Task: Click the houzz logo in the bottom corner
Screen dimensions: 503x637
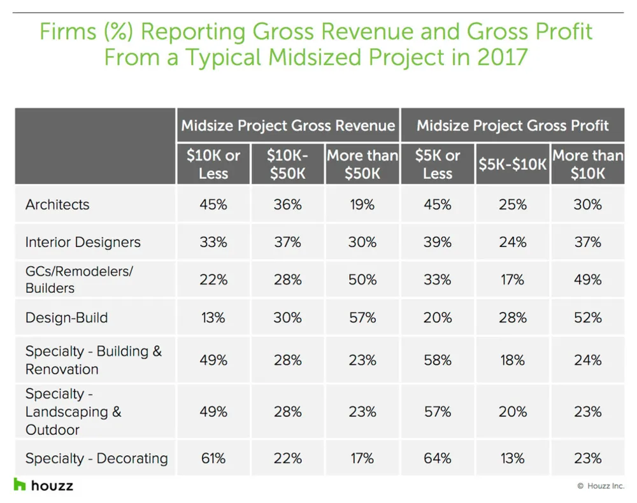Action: pos(43,485)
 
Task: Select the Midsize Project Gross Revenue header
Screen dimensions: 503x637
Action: pos(288,125)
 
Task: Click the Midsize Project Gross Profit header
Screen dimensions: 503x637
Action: pos(513,125)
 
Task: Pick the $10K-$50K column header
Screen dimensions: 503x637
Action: pos(288,164)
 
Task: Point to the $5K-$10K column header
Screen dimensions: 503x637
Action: pos(513,164)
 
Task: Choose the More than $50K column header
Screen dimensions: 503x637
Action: pos(362,164)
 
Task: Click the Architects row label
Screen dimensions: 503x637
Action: pos(57,204)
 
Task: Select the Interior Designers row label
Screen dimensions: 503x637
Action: pos(83,242)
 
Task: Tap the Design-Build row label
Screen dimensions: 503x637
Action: pos(66,317)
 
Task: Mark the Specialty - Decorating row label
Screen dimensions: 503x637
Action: pos(96,458)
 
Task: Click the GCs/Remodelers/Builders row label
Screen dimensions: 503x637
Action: pos(79,280)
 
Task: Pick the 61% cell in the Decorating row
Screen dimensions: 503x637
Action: pos(213,458)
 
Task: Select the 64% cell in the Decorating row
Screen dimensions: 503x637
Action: pos(438,458)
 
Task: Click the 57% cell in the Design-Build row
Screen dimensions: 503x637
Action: pos(362,317)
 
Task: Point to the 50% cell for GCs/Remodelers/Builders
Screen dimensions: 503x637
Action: pos(362,280)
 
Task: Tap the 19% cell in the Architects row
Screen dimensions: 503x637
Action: pos(362,204)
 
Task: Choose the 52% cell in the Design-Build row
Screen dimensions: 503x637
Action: pos(587,317)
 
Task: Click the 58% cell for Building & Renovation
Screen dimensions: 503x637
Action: pos(438,360)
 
